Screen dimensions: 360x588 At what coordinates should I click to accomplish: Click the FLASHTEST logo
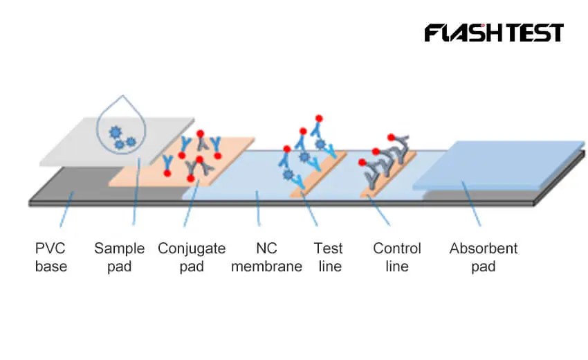(493, 33)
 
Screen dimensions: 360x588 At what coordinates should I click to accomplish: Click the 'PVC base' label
(51, 257)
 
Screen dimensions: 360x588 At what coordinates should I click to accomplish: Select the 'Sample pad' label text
(119, 257)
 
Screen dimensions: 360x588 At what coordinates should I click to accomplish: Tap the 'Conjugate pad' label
(191, 257)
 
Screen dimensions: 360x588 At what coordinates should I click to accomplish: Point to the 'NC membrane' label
(266, 257)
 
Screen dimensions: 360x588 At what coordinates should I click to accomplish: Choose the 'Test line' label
(328, 257)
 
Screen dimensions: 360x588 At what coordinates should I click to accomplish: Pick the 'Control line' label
(396, 257)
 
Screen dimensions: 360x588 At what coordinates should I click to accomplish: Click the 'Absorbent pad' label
(483, 257)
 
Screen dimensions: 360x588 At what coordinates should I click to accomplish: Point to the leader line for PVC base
(67, 211)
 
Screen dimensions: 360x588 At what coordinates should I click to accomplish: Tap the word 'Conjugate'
(191, 249)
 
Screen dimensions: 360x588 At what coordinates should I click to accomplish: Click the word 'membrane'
(266, 266)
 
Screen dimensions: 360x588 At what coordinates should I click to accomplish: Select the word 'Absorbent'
(483, 249)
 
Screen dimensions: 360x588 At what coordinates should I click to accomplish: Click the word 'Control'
(396, 249)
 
